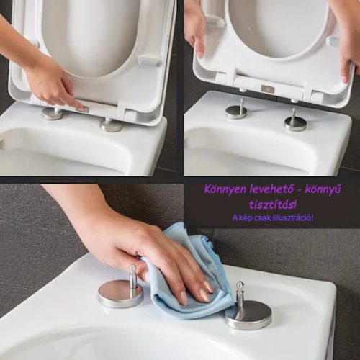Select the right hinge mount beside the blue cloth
pos(248,311)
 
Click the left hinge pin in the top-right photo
pos(236,110)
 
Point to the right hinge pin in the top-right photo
pos(295,121)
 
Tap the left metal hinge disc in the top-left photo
pos(52,113)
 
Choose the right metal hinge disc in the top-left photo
pos(111,125)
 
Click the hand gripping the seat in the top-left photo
pos(50,79)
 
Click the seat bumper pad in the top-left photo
pos(150,61)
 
